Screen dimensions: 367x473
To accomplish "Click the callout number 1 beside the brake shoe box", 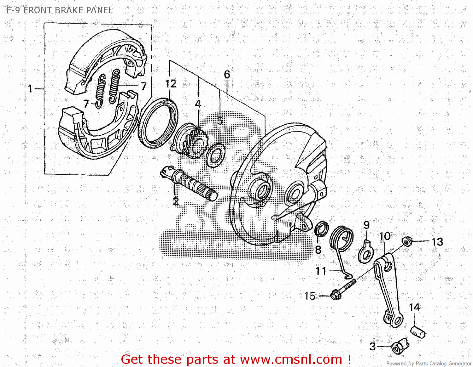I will coord(30,89).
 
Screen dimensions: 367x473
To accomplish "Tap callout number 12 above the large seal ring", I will coord(171,84).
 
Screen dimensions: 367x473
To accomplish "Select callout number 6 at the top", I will coord(227,75).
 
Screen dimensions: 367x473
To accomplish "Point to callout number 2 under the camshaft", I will coord(176,201).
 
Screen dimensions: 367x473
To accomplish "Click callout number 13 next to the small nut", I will coord(437,242).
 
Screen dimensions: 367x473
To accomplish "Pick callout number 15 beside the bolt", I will coord(310,296).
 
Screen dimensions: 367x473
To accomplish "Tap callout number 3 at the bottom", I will coord(373,347).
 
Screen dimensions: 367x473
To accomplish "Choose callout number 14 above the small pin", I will coord(414,308).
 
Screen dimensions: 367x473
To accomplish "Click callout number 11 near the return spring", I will coord(321,271).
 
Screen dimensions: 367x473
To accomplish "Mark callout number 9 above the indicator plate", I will coord(366,225).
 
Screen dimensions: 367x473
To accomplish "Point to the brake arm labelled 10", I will coord(388,290).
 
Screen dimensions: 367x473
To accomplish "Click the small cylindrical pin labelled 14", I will coord(418,332).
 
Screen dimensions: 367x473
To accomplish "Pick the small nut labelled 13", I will coord(407,241).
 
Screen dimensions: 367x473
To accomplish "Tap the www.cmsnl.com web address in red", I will coord(291,359).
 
